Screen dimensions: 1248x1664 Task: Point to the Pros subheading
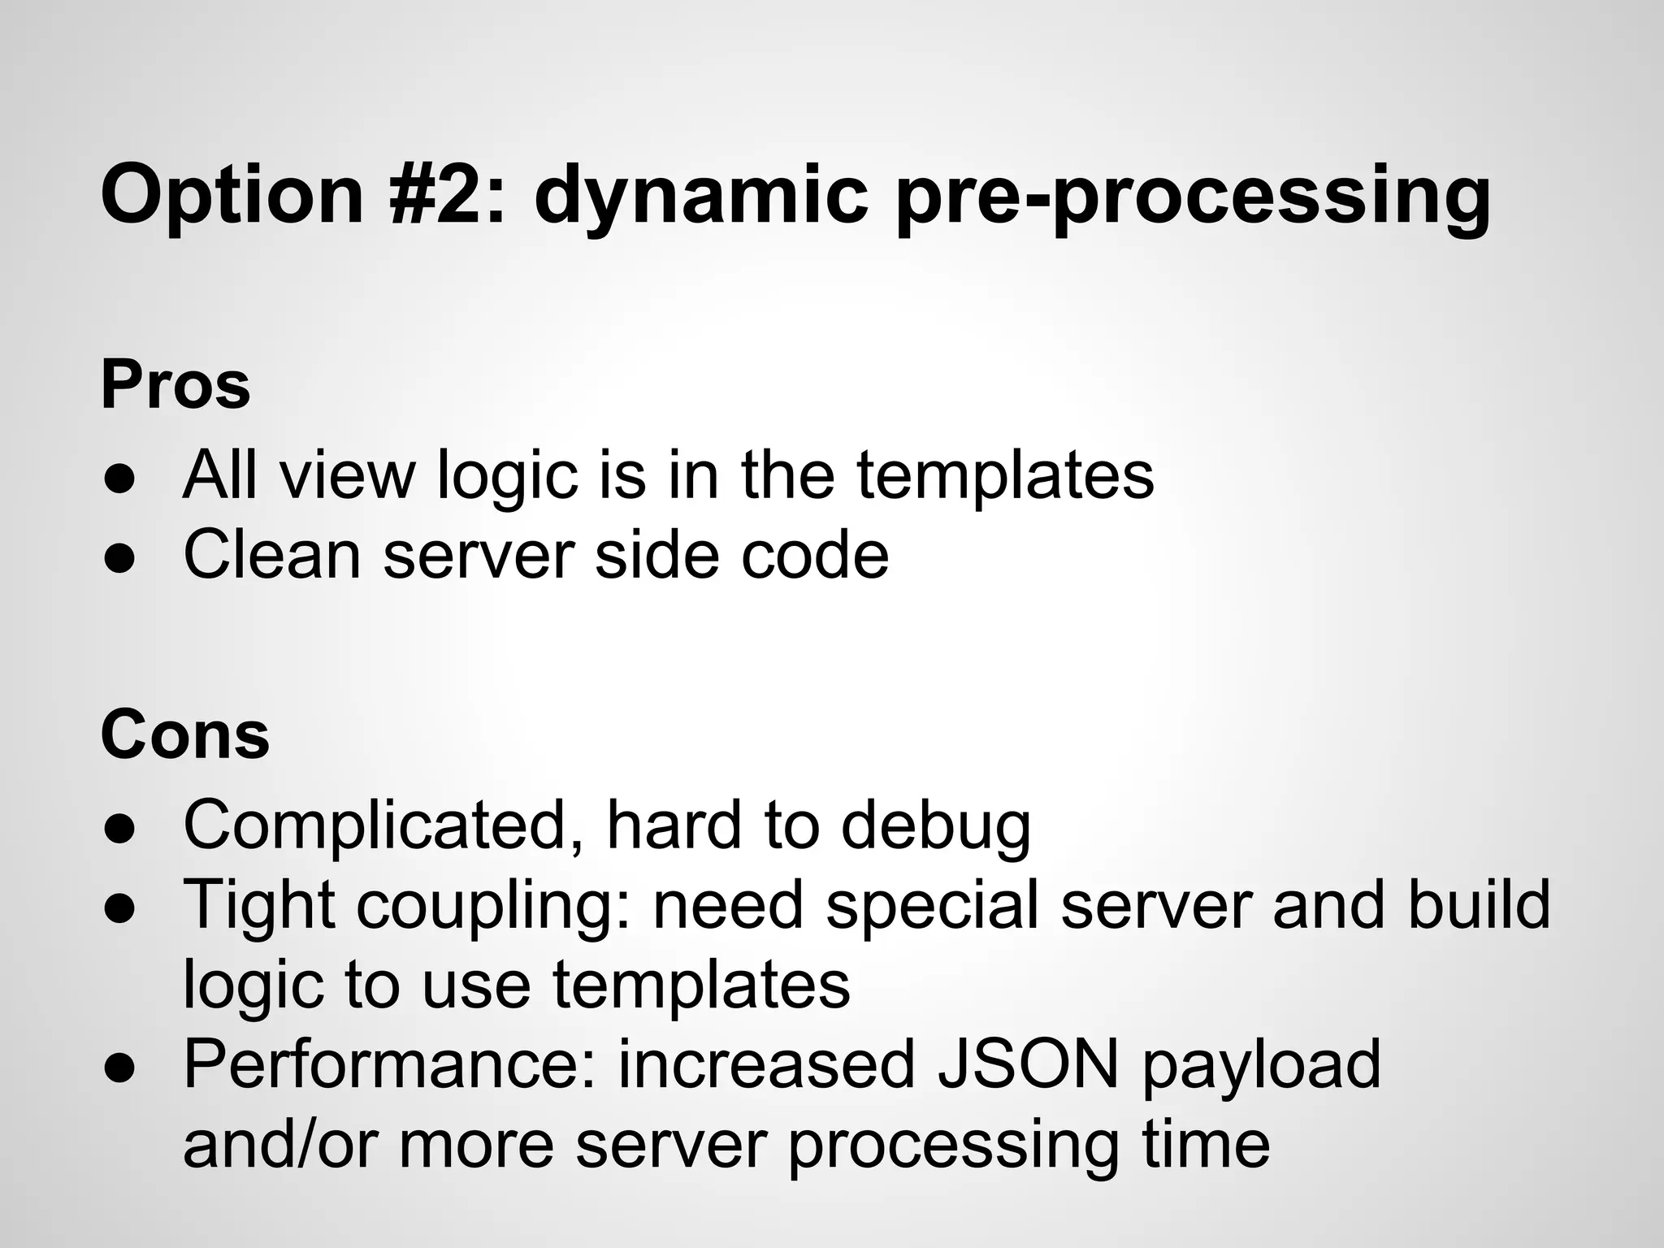point(175,385)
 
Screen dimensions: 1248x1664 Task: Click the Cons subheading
point(184,735)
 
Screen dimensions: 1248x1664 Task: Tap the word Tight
point(259,905)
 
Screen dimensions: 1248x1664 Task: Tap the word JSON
point(1029,1064)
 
